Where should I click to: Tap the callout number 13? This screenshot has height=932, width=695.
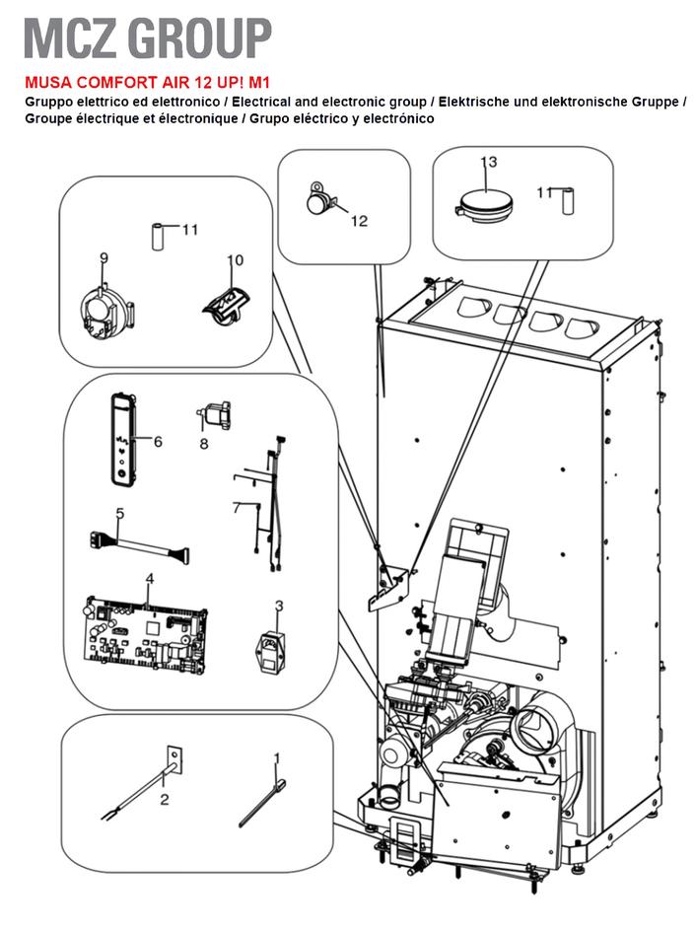coord(489,161)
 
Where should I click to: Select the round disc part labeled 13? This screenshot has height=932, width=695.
coord(483,203)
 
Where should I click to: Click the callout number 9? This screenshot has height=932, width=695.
coord(104,258)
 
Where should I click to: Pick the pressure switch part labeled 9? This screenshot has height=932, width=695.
coord(100,305)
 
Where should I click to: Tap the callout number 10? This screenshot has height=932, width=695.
coord(234,259)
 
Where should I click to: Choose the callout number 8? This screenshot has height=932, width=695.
coord(204,444)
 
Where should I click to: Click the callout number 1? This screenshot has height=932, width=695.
coord(277,758)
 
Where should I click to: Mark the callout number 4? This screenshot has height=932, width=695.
coord(150,578)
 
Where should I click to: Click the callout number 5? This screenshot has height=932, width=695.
coord(119,514)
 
